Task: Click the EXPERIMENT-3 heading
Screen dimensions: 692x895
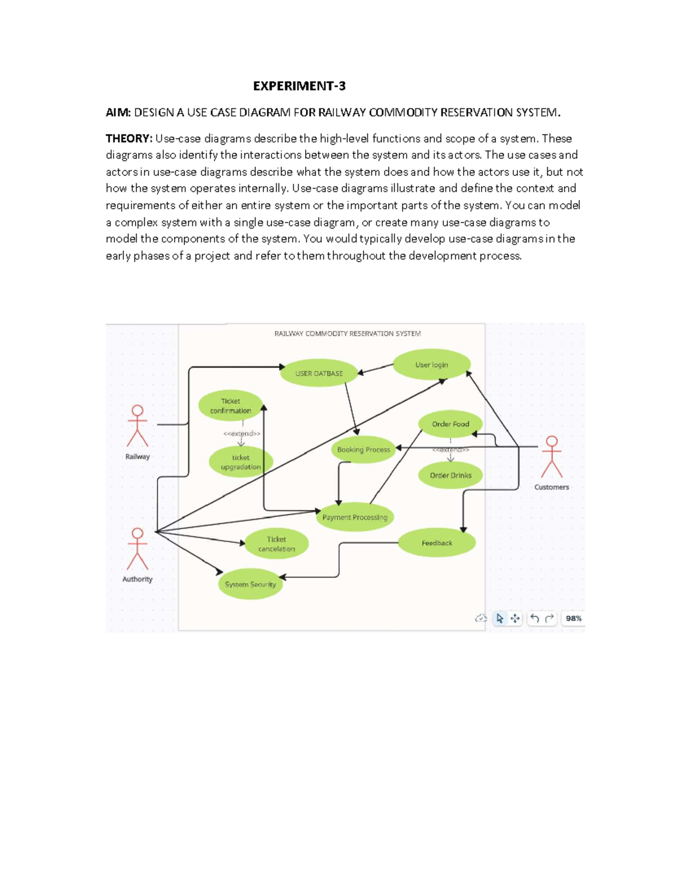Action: coord(299,86)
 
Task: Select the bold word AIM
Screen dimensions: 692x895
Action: coord(118,112)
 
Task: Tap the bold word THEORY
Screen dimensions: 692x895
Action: coord(128,138)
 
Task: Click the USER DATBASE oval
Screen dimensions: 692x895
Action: coord(319,373)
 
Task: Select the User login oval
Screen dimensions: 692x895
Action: coord(431,365)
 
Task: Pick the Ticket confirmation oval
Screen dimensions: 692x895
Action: coord(231,406)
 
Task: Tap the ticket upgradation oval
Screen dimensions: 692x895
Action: coord(241,462)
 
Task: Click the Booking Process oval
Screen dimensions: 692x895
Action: coord(363,450)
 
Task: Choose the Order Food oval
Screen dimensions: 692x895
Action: coord(450,424)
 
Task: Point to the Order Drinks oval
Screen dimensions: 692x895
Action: coord(450,475)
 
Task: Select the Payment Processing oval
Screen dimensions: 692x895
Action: coord(355,517)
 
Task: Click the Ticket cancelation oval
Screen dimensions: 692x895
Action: coord(276,543)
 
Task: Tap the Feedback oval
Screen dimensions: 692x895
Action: coord(437,543)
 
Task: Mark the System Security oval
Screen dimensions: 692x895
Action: coord(250,584)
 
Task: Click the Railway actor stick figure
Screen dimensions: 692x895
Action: coord(137,426)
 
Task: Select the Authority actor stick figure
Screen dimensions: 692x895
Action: coord(137,549)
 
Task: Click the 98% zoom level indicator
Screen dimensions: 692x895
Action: coord(573,618)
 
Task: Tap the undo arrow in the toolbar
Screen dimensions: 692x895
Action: coord(535,618)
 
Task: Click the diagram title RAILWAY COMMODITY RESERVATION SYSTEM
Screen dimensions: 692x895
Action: coord(347,334)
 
